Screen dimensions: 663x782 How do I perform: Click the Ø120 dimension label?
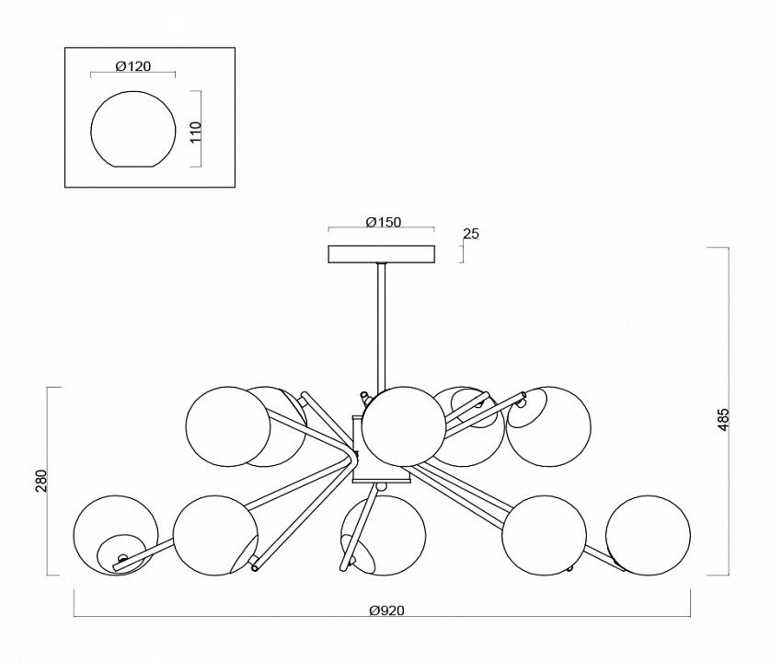[x=134, y=66]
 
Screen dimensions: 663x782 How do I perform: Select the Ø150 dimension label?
[x=381, y=221]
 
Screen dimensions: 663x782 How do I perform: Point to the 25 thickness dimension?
[x=471, y=234]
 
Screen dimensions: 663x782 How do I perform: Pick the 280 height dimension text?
[x=40, y=481]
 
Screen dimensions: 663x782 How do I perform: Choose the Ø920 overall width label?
[x=385, y=610]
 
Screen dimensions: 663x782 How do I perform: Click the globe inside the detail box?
[x=134, y=129]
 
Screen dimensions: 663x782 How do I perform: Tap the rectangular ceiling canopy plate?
[x=381, y=253]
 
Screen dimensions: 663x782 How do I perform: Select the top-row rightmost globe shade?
[x=549, y=426]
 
